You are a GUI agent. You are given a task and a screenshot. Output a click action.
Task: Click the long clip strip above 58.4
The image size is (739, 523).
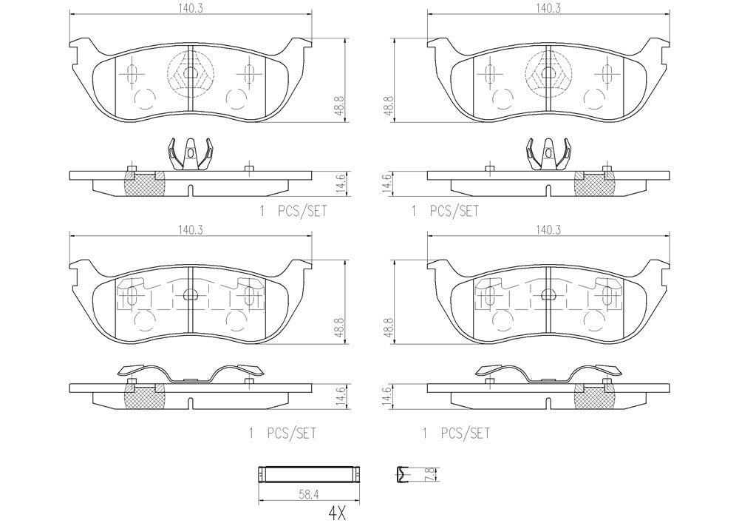click(309, 473)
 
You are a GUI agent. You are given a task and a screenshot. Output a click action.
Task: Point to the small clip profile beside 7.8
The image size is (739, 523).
click(403, 473)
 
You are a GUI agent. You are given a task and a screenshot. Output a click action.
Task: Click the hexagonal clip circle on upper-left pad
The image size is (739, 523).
click(190, 73)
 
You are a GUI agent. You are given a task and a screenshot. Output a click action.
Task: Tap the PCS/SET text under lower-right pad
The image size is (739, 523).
click(466, 433)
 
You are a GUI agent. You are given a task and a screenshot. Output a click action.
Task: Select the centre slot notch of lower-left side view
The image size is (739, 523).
click(190, 403)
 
